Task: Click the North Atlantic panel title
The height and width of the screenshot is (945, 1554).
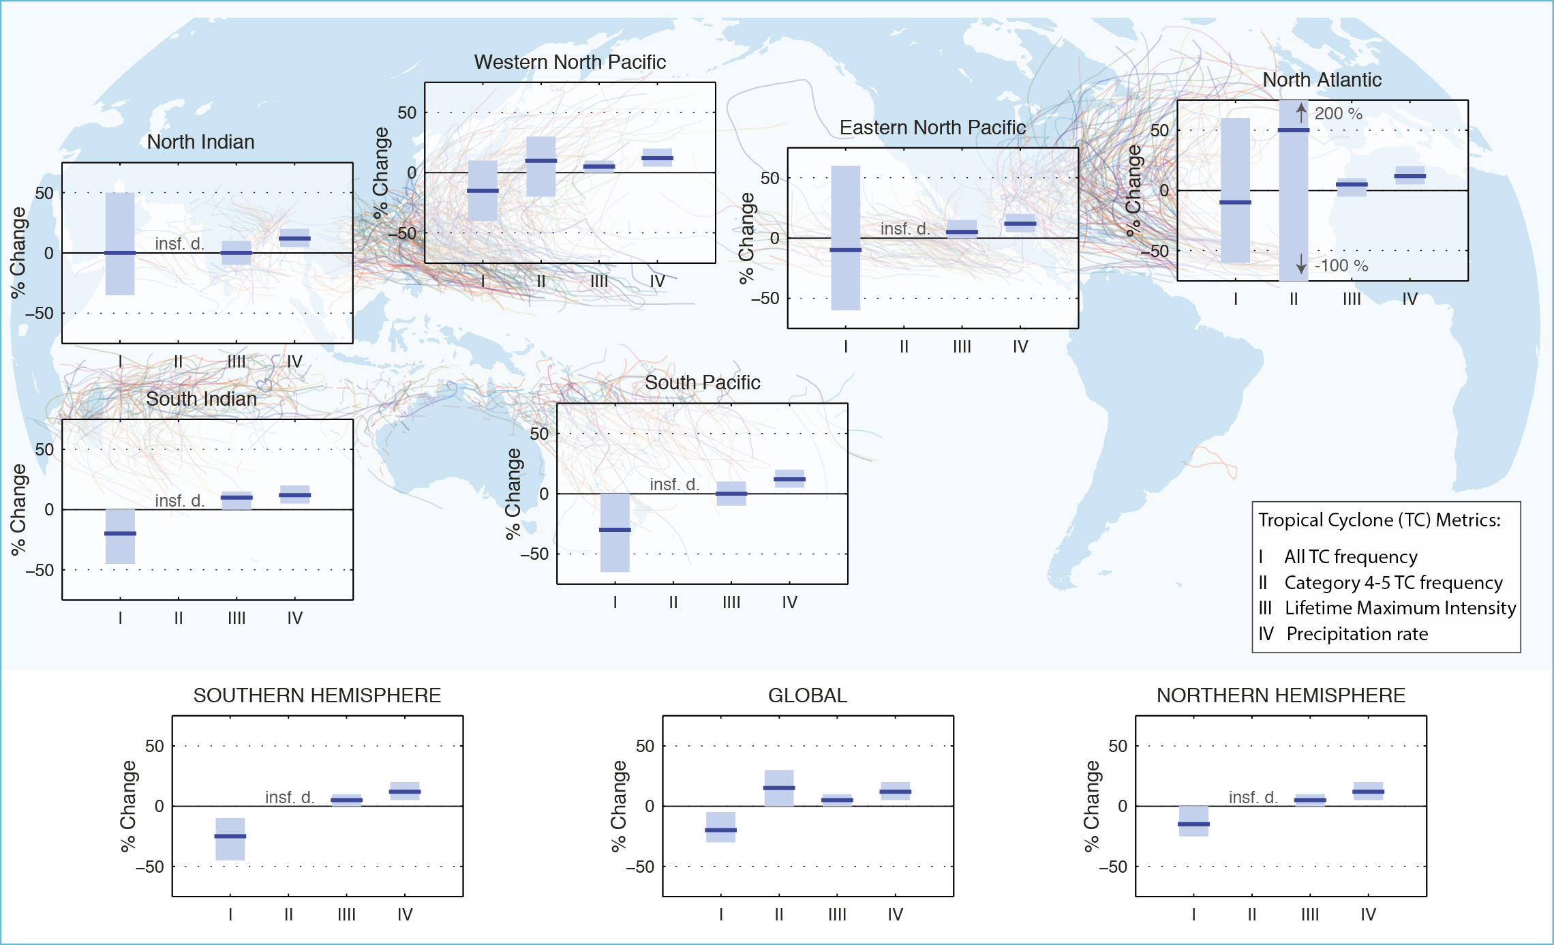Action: click(1322, 80)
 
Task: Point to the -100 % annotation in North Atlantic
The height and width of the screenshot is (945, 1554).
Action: click(1335, 265)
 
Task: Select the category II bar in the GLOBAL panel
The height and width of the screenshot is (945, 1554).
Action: click(778, 787)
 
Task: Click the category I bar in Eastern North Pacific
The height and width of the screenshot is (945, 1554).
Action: click(845, 238)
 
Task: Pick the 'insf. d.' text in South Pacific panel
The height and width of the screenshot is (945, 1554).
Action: click(674, 484)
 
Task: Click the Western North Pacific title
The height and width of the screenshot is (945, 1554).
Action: click(570, 62)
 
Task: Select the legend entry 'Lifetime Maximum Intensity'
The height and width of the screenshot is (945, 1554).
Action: click(1400, 607)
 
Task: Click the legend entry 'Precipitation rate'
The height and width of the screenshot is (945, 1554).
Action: click(1356, 633)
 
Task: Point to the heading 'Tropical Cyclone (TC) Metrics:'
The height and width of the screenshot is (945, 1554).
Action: click(1379, 520)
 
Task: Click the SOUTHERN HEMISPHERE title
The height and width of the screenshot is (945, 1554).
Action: click(317, 695)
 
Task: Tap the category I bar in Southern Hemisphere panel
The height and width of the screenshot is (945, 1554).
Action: click(230, 839)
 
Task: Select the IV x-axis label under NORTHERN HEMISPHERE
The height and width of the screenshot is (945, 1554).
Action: click(1367, 914)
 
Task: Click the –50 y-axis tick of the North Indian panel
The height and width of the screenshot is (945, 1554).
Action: click(40, 313)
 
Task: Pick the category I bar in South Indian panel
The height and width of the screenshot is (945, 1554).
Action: click(120, 536)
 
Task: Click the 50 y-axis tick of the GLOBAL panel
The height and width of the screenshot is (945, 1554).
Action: click(645, 746)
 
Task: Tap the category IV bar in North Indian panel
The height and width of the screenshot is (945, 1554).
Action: click(294, 238)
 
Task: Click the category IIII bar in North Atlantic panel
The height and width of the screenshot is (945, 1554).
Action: click(1351, 187)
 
